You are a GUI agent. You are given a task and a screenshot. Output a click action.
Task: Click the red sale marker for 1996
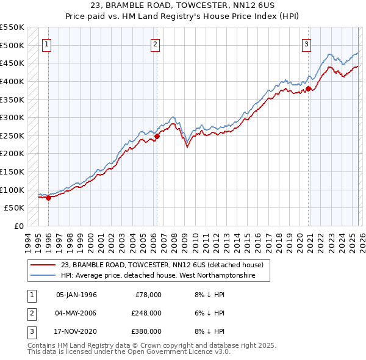pyautogui.click(x=48, y=198)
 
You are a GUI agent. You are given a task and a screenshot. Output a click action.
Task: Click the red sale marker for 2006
pyautogui.click(x=157, y=137)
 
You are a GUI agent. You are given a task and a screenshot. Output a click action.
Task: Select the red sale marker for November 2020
pyautogui.click(x=309, y=88)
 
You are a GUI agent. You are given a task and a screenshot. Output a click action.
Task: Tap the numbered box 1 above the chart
pyautogui.click(x=47, y=44)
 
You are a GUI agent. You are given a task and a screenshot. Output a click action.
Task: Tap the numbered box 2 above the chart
pyautogui.click(x=156, y=44)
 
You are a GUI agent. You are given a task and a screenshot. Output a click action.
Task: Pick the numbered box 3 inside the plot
pyautogui.click(x=306, y=44)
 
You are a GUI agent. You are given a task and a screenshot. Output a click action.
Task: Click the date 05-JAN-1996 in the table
pyautogui.click(x=76, y=295)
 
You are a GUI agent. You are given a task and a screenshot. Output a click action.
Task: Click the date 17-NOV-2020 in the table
pyautogui.click(x=76, y=331)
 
